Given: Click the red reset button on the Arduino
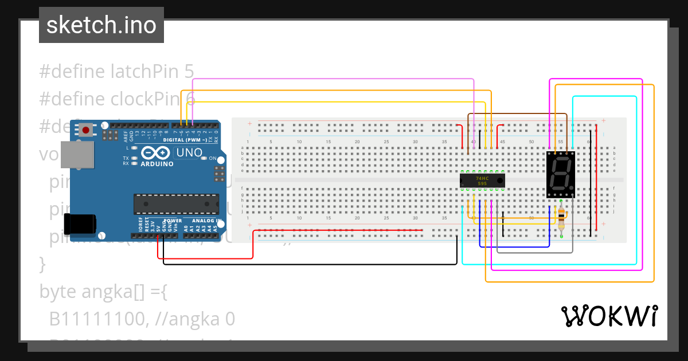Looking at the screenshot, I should tap(86, 131).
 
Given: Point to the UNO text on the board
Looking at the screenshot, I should tap(188, 153).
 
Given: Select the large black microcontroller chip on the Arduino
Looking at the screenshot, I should tap(176, 204).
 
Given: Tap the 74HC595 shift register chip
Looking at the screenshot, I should tap(482, 180).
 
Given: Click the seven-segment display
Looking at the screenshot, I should tap(561, 175).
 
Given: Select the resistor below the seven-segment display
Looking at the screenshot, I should tap(561, 218).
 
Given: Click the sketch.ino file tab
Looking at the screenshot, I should tap(101, 25).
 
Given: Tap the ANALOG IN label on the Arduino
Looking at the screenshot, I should tap(207, 221).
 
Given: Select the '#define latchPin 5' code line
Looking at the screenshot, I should tap(116, 71).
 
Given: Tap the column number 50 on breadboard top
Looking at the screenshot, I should tap(531, 142).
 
